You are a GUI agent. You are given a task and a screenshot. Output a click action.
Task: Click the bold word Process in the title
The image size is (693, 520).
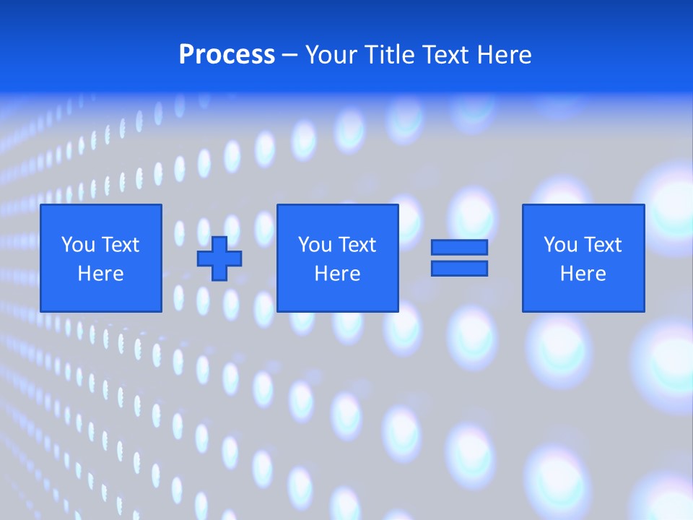coord(227,55)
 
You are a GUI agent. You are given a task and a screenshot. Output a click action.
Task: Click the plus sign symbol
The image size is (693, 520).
coord(219,259)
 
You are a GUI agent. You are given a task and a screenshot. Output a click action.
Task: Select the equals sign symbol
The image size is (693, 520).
coord(459,258)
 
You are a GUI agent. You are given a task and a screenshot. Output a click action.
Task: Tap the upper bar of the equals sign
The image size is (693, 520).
coord(459,248)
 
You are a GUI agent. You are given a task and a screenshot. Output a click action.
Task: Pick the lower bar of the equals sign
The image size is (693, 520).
coord(459,269)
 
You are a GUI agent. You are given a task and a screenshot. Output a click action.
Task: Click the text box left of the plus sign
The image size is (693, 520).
coord(101,258)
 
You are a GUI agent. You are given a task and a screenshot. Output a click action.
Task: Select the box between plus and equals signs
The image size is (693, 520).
coord(338,258)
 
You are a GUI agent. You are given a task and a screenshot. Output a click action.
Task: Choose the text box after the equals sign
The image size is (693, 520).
coord(583,258)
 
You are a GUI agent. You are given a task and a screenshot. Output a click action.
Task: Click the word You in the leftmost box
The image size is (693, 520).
coord(78,245)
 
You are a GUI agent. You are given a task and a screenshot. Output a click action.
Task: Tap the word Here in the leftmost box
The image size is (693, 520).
coord(101,274)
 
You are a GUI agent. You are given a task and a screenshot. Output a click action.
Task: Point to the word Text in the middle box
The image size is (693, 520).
coord(357,245)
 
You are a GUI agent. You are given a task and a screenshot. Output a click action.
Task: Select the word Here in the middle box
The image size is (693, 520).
coord(338,274)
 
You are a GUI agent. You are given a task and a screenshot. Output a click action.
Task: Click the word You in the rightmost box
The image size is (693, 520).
coord(560,245)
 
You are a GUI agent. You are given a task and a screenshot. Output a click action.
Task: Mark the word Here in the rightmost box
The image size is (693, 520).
coord(583,274)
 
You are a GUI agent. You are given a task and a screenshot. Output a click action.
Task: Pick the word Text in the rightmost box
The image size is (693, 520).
coord(603,245)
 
